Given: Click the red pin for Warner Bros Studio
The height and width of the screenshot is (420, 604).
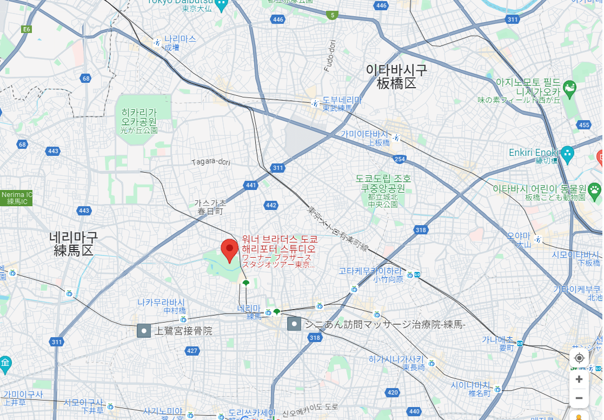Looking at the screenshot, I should click(x=230, y=250).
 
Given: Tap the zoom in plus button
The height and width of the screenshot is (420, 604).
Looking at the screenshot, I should click(x=579, y=379).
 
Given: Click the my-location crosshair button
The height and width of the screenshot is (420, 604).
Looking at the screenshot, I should click(x=579, y=358).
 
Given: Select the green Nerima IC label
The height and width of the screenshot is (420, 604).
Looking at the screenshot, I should click(x=16, y=198).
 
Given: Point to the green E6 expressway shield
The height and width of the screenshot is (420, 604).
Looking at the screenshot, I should click(x=26, y=29).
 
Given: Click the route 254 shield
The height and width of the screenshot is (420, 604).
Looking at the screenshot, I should click(x=400, y=159).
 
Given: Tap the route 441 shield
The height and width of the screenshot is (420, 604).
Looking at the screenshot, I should click(x=251, y=185).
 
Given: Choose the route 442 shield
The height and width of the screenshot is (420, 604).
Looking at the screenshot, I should click(x=271, y=205).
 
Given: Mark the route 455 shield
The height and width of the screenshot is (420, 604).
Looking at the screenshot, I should click(x=583, y=125).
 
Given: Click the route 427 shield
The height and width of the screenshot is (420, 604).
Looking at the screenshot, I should click(x=192, y=351).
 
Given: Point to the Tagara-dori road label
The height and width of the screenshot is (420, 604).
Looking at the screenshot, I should click(x=211, y=161).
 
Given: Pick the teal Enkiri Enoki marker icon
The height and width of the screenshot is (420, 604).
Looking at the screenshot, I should click(x=567, y=153).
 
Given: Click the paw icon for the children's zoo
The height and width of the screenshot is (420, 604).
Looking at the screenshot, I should click(x=594, y=189).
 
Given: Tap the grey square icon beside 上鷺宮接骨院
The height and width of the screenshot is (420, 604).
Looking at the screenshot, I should click(x=144, y=331).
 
